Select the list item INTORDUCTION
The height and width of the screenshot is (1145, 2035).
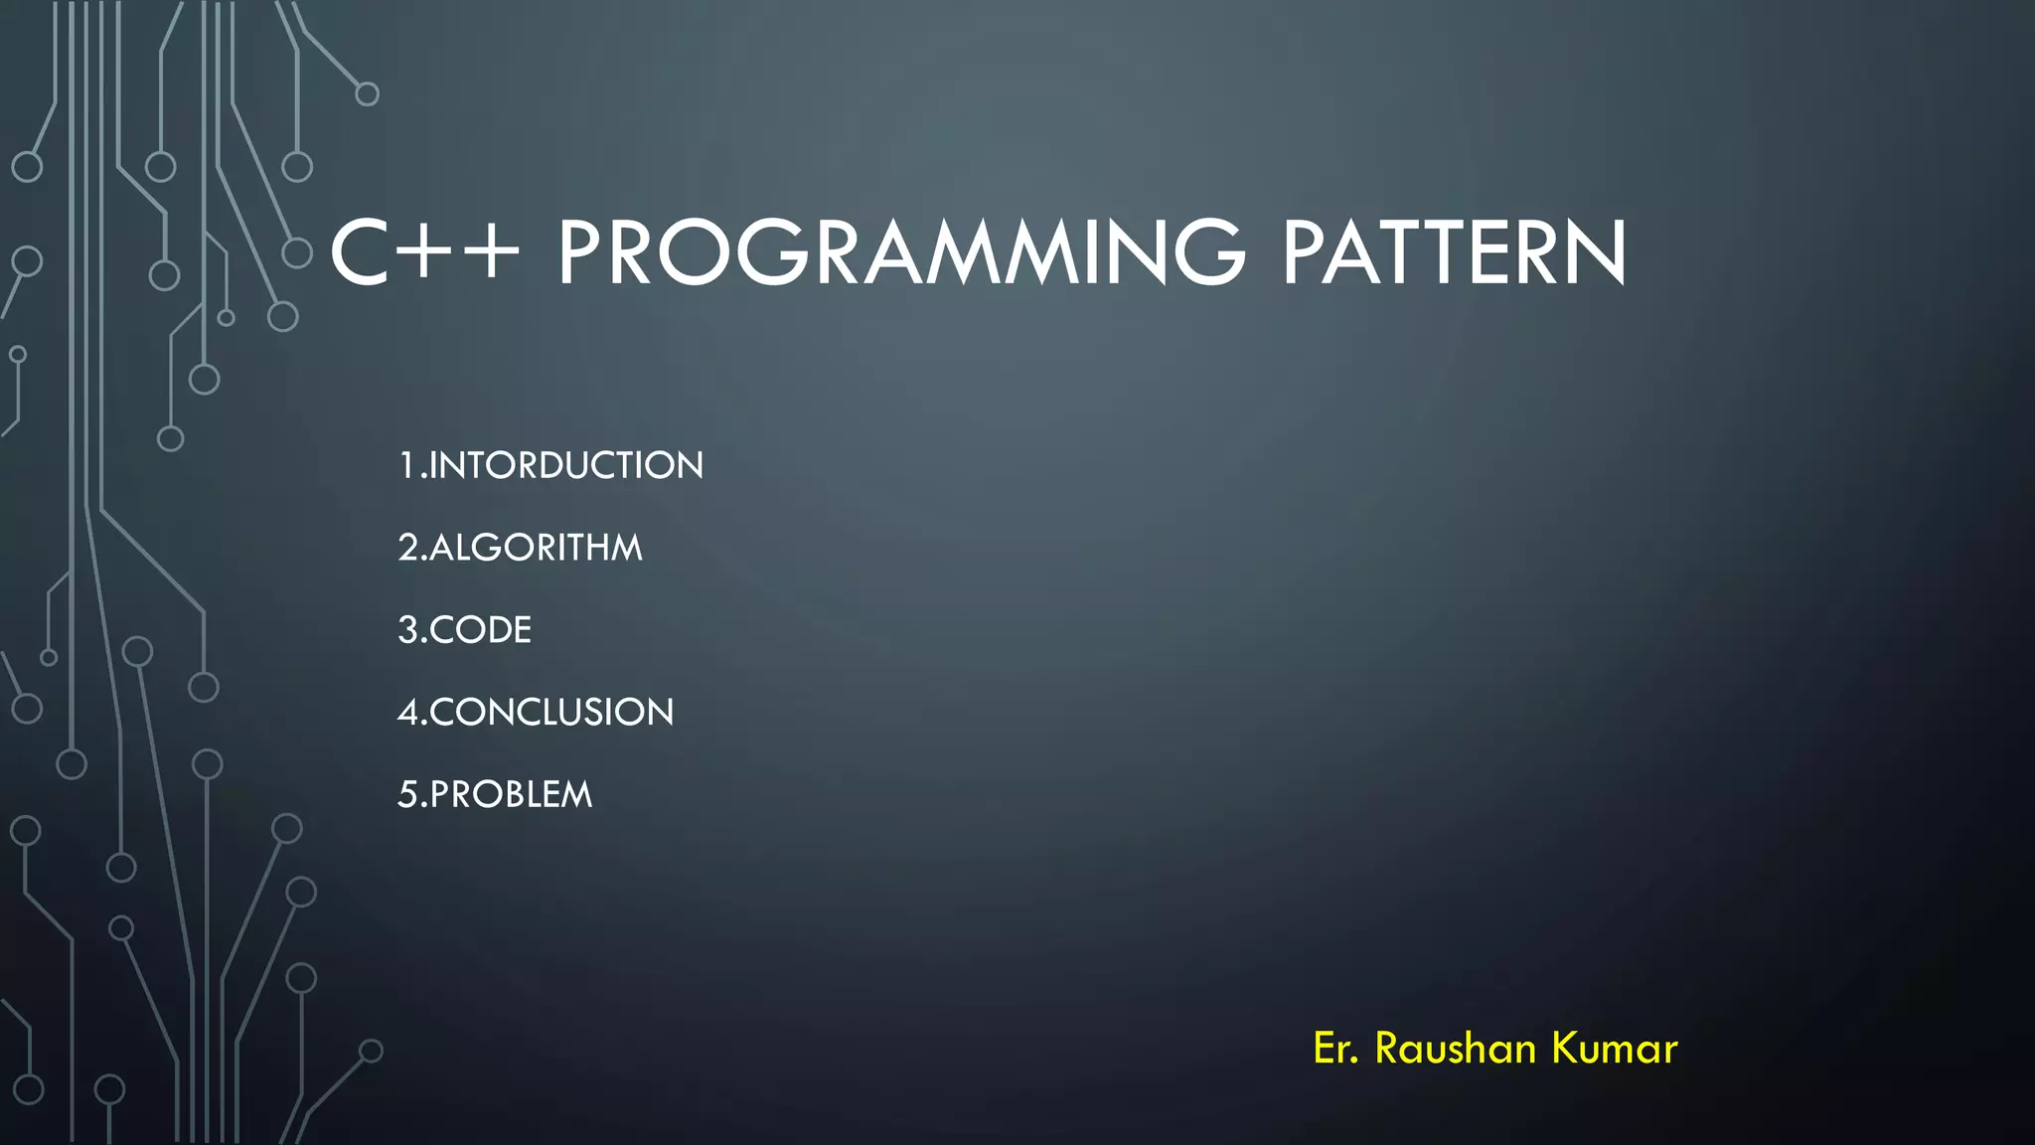click(x=565, y=465)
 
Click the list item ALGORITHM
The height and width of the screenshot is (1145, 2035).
click(x=536, y=548)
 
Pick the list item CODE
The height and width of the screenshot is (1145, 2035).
click(x=481, y=630)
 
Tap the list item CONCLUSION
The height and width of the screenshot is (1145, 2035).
click(x=551, y=713)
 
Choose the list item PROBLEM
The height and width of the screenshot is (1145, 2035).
click(x=511, y=795)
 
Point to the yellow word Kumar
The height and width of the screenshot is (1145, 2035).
click(x=1615, y=1049)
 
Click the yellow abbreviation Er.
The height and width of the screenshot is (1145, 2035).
click(x=1335, y=1049)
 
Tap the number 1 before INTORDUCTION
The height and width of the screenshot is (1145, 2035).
click(x=406, y=465)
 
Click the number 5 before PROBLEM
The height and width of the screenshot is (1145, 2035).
click(x=407, y=795)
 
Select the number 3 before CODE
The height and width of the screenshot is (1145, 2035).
click(x=407, y=630)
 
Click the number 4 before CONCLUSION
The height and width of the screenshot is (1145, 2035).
click(x=407, y=713)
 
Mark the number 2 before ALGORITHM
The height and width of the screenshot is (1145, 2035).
click(x=407, y=548)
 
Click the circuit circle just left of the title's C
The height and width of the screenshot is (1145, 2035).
click(x=297, y=252)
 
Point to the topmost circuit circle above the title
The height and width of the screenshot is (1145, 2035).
click(x=368, y=94)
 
